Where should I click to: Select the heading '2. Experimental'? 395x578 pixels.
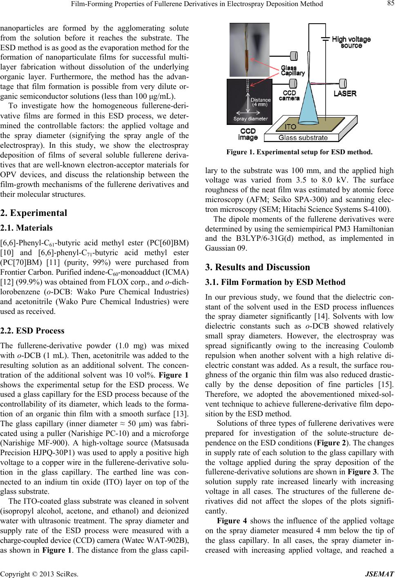pyautogui.click(x=33, y=213)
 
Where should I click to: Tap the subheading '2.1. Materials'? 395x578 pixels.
pyautogui.click(x=27, y=228)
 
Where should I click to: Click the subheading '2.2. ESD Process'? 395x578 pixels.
pyautogui.click(x=32, y=331)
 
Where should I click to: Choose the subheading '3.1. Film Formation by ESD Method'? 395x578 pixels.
pyautogui.click(x=275, y=282)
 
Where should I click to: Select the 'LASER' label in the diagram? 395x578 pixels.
pyautogui.click(x=345, y=93)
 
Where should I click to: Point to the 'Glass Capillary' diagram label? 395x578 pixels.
pyautogui.click(x=293, y=70)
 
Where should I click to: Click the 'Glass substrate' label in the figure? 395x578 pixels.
pyautogui.click(x=303, y=138)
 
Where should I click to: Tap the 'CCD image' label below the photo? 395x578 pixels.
pyautogui.click(x=248, y=134)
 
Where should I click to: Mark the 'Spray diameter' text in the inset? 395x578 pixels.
pyautogui.click(x=250, y=119)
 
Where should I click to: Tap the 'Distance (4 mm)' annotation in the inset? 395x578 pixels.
pyautogui.click(x=260, y=102)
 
